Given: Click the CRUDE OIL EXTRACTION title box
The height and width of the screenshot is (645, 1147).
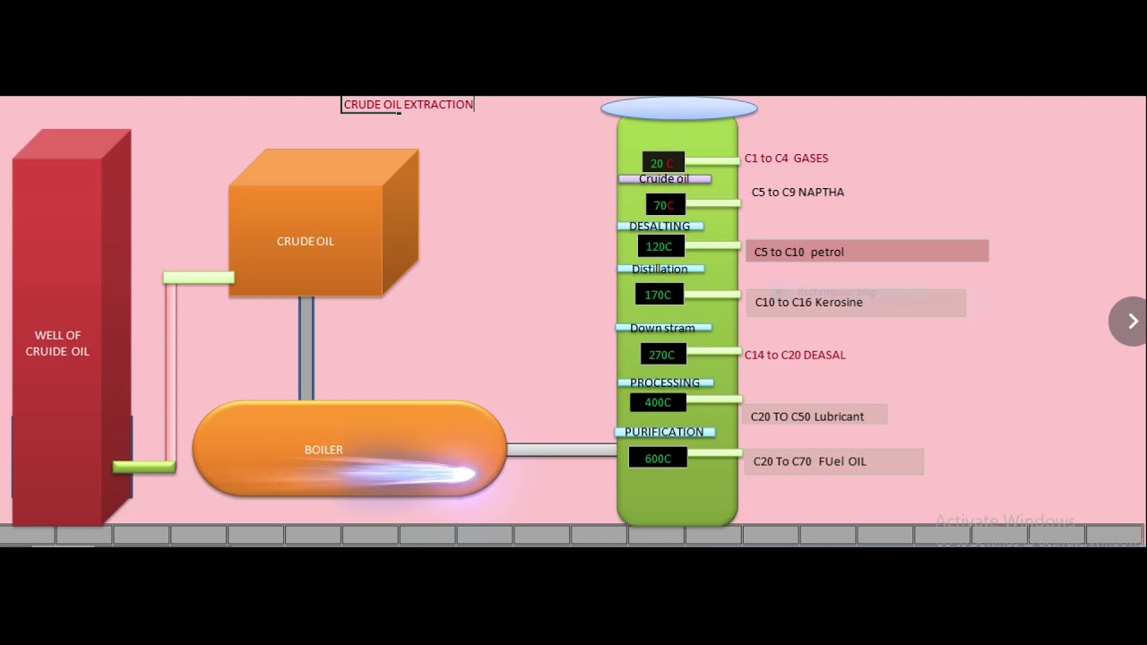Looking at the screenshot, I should pos(408,105).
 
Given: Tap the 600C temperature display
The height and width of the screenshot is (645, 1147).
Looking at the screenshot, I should pos(658,459).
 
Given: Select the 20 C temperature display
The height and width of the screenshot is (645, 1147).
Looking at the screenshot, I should pos(663,163).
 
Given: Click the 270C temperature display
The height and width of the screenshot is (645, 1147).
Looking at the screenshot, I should pos(662,355).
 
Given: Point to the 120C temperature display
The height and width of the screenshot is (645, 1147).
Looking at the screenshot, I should pos(660,246).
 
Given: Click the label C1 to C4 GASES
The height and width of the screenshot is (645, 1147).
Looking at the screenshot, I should pos(786,159).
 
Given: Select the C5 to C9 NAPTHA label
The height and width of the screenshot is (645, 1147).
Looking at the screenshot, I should pos(798,193).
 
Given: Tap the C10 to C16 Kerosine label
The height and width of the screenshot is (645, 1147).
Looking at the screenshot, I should pos(809,303).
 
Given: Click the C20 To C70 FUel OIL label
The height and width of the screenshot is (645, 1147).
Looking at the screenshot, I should pos(810,461).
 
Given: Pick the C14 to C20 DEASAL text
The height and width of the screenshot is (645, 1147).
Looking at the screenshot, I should pos(795,355).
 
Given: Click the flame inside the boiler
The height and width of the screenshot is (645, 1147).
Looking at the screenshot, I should pos(430,473).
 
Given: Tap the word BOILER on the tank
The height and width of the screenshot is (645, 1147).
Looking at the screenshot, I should pos(323,450).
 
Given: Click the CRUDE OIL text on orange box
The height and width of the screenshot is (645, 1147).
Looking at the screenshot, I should pos(306,241).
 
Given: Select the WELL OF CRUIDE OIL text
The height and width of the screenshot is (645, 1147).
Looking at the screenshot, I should pos(57,343).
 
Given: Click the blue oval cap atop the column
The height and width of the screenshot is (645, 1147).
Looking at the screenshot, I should pos(678,108).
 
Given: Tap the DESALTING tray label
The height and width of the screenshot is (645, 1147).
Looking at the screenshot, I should pos(660,226).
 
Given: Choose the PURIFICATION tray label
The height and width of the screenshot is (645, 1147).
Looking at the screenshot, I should pos(664,432).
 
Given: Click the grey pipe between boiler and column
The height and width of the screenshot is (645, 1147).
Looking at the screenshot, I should pos(562,450).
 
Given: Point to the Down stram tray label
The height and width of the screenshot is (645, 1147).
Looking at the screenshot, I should pos(662,328).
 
